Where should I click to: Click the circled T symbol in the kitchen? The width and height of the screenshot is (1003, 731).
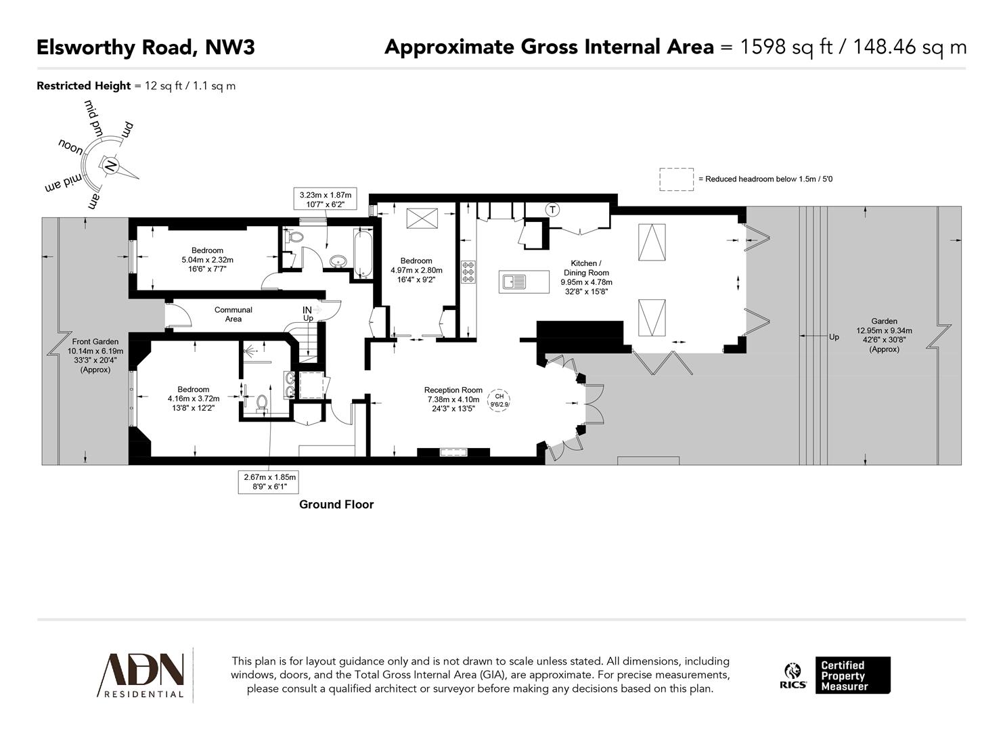(553, 210)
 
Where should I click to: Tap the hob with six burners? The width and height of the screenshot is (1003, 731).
(468, 271)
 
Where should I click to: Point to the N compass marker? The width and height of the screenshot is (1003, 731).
(108, 164)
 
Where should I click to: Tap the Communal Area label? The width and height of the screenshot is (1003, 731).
(233, 314)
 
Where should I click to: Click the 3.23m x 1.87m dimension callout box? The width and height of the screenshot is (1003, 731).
(326, 199)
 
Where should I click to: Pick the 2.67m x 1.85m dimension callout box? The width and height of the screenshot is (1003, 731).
(270, 481)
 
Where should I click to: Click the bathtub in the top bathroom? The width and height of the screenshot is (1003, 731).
(363, 252)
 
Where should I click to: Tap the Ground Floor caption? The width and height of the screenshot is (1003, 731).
(336, 504)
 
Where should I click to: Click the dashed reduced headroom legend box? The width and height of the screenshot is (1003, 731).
(676, 179)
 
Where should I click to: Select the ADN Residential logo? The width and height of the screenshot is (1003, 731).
(143, 675)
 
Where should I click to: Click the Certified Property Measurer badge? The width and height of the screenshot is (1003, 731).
(852, 675)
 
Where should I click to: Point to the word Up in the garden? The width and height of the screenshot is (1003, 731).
(834, 336)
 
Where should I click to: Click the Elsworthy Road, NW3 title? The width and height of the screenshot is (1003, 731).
(145, 47)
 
